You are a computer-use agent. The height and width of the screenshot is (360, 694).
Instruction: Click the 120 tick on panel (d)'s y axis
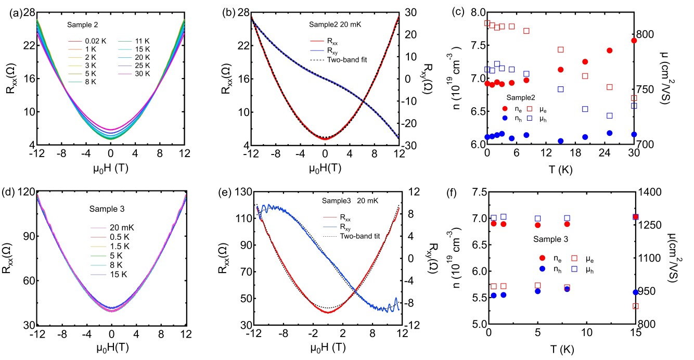[24, 192]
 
